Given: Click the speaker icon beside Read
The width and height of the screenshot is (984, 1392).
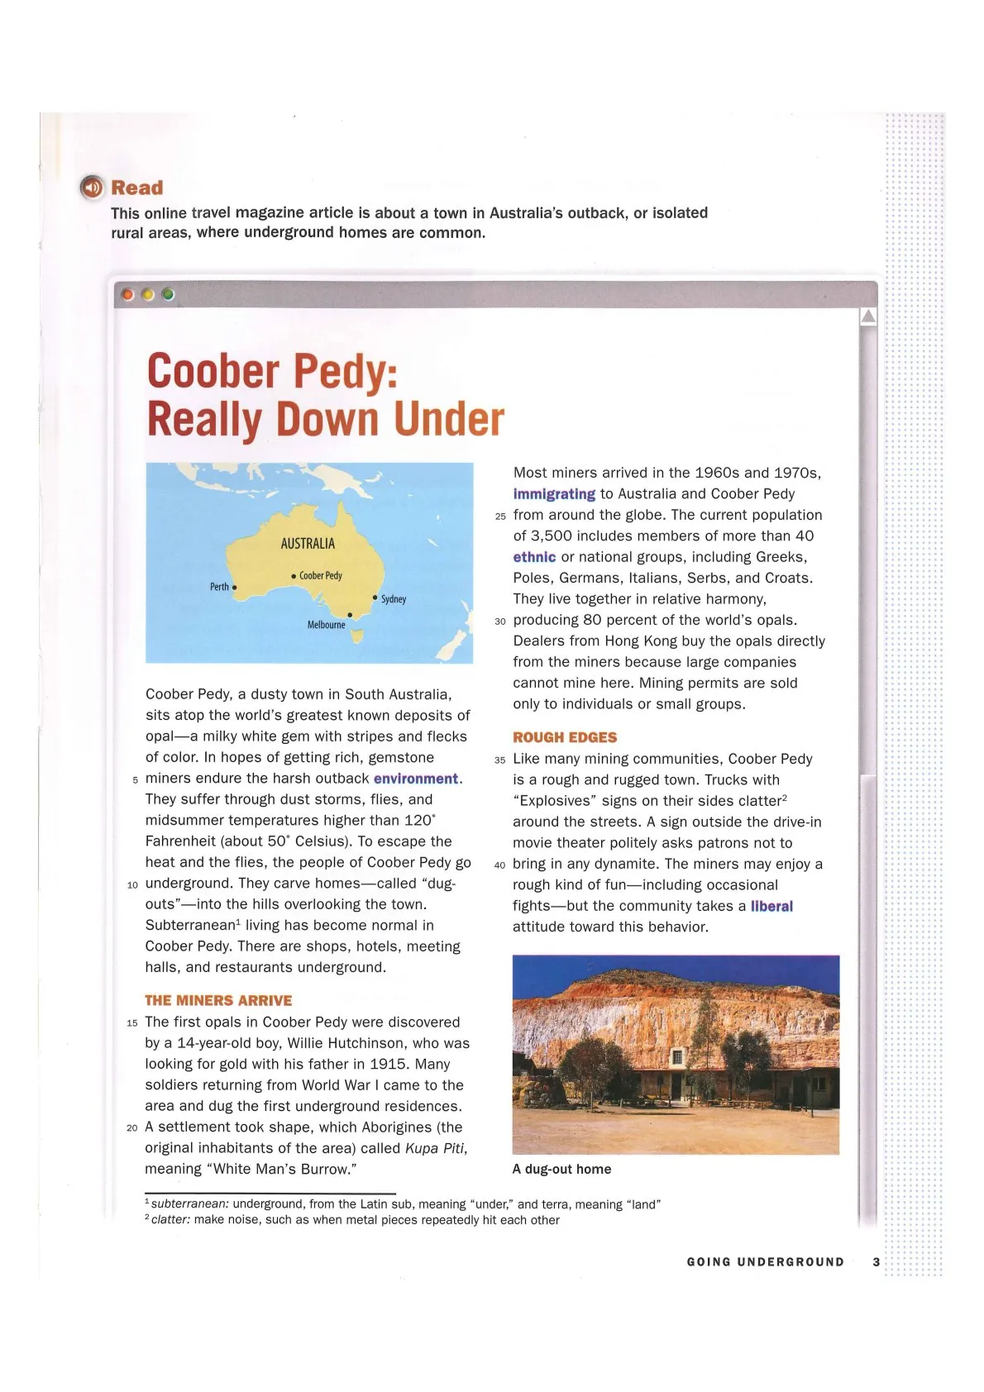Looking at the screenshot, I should pyautogui.click(x=92, y=188).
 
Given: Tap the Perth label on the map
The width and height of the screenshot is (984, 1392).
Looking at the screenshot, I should pyautogui.click(x=219, y=587).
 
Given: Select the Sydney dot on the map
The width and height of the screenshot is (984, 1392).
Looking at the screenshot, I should pyautogui.click(x=375, y=596).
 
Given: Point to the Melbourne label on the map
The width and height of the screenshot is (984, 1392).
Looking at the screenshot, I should pyautogui.click(x=327, y=625).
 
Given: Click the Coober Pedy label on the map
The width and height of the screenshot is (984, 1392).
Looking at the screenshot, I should pyautogui.click(x=320, y=575).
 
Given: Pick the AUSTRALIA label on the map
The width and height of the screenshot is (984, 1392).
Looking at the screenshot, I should pyautogui.click(x=308, y=543).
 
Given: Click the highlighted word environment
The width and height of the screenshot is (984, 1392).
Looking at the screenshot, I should pyautogui.click(x=416, y=779).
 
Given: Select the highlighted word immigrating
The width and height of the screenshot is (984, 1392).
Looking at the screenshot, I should pyautogui.click(x=554, y=494).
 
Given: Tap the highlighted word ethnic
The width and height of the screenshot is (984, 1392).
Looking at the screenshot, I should pyautogui.click(x=534, y=557).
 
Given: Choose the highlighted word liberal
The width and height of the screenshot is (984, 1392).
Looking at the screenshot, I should pyautogui.click(x=771, y=906).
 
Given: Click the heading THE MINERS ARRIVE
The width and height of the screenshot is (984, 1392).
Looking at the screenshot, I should pyautogui.click(x=218, y=1000).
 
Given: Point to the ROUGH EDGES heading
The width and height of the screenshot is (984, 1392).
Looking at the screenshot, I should pyautogui.click(x=565, y=737).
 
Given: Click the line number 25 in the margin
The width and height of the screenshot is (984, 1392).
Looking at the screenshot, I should pyautogui.click(x=500, y=517).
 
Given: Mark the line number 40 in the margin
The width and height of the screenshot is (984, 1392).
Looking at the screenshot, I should pyautogui.click(x=499, y=865).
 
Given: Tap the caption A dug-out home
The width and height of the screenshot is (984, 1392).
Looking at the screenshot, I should pyautogui.click(x=561, y=1169).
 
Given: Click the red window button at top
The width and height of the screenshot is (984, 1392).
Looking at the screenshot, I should pyautogui.click(x=127, y=294).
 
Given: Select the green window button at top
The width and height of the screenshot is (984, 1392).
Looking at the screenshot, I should pyautogui.click(x=168, y=294).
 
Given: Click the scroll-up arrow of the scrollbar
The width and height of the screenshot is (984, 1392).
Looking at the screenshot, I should pyautogui.click(x=867, y=317).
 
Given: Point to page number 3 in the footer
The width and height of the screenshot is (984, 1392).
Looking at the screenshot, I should pyautogui.click(x=877, y=1262).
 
